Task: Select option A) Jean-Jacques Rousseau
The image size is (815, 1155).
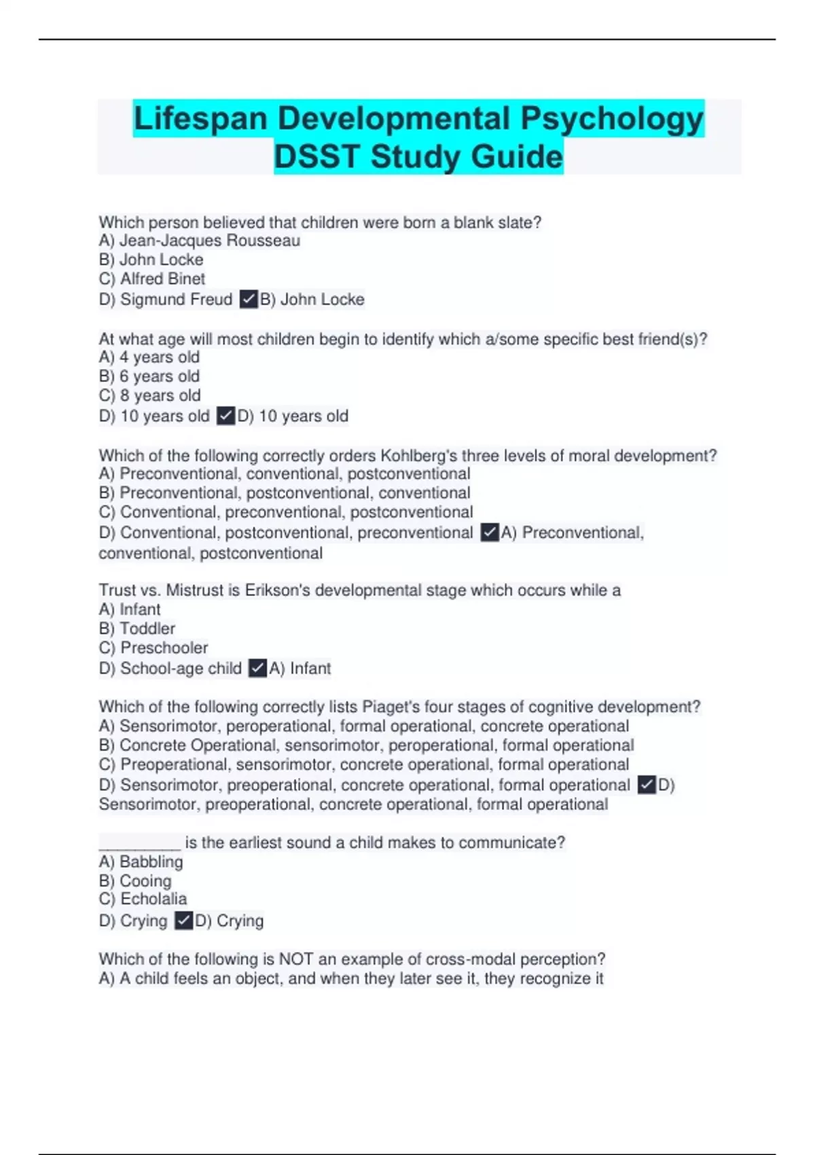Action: click(x=199, y=241)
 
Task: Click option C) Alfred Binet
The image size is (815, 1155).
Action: click(x=152, y=279)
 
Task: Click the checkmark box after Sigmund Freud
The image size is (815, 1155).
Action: click(x=249, y=300)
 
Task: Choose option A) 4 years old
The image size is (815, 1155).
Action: click(x=149, y=357)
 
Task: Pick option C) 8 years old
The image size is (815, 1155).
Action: click(x=150, y=395)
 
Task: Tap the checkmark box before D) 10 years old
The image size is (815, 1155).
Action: click(x=225, y=416)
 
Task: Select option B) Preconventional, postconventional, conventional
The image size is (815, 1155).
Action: click(x=285, y=493)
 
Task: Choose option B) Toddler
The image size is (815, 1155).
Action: click(x=137, y=628)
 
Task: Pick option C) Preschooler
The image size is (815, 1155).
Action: click(x=153, y=647)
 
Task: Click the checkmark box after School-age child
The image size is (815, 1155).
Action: click(x=257, y=669)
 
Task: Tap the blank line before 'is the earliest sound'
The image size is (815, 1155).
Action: click(x=139, y=844)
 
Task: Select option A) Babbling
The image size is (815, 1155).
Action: click(x=141, y=862)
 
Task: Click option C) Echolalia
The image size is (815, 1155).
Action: click(x=143, y=899)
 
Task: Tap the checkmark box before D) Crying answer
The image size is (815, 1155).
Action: click(x=183, y=921)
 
